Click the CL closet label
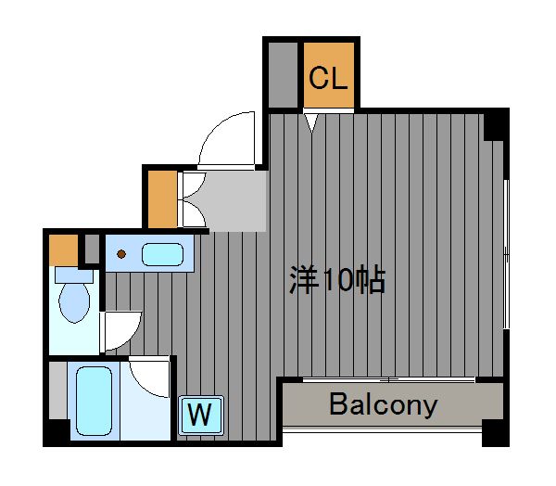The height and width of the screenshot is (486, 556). [328, 78]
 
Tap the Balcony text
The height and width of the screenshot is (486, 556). [384, 404]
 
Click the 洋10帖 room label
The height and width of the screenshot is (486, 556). [337, 279]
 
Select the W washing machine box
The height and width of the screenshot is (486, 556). [201, 415]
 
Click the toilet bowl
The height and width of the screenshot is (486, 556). [74, 302]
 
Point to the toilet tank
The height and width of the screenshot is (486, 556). [74, 275]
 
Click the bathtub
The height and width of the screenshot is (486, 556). [94, 401]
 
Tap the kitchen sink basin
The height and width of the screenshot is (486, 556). [162, 254]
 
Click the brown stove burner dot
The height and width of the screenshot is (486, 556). [121, 254]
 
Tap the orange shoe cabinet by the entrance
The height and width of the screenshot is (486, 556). [162, 199]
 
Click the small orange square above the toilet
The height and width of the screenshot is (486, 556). [63, 249]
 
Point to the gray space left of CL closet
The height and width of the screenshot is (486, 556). [283, 75]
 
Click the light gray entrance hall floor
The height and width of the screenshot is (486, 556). [231, 201]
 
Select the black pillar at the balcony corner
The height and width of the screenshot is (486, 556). [496, 433]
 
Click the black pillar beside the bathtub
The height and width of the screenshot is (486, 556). [57, 432]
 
